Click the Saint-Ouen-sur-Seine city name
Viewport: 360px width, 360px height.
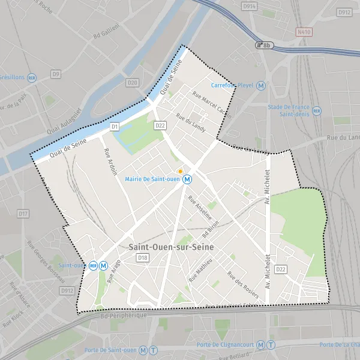[x=171, y=247]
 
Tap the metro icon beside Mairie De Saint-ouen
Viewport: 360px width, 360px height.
[x=188, y=179]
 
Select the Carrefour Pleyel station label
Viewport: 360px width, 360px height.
[x=233, y=86]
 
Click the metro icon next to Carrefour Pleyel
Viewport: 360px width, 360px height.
[x=260, y=86]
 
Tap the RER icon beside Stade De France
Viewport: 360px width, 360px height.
[x=317, y=110]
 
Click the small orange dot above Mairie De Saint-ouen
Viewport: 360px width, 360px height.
[x=180, y=171]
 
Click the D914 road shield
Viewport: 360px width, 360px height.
[x=250, y=5]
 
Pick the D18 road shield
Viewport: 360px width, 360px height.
[x=142, y=258]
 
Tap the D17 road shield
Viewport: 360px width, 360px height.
[x=23, y=214]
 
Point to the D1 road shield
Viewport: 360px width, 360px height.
[x=115, y=127]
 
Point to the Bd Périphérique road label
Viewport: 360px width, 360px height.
[x=123, y=315]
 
